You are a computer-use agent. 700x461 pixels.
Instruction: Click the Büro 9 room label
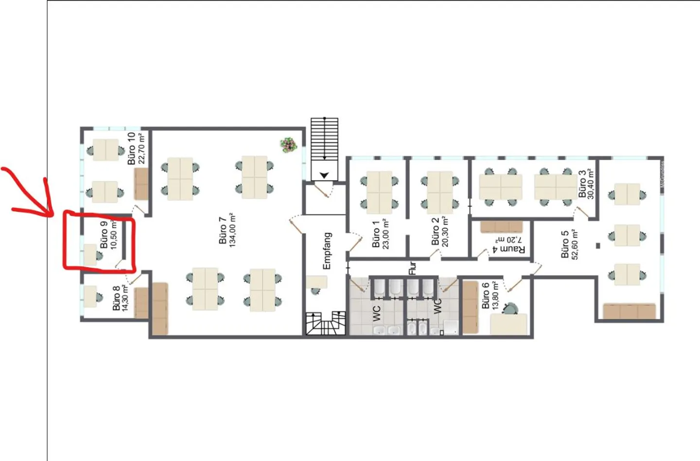[x=104, y=235]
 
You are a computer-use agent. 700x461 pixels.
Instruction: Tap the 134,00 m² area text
[x=232, y=230]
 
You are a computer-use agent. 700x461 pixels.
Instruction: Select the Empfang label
[x=327, y=251]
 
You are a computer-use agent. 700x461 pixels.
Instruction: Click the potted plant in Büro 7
[x=288, y=145]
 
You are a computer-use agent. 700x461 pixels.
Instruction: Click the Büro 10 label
[x=131, y=148]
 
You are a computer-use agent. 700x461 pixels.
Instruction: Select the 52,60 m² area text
[x=575, y=244]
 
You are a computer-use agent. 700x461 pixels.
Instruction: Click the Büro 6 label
[x=485, y=296]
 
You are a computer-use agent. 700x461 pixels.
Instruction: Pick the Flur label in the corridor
[x=412, y=268]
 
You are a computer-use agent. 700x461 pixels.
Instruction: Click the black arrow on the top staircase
[x=324, y=175]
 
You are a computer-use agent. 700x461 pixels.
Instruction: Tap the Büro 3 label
[x=582, y=184]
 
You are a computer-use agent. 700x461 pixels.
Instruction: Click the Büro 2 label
[x=435, y=231]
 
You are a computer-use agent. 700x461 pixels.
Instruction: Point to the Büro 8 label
[x=116, y=298]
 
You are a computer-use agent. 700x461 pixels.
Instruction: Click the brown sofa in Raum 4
[x=501, y=227]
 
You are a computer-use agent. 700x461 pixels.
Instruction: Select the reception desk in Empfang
[x=316, y=282]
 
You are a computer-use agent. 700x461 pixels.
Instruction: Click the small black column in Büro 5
[x=598, y=246]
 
